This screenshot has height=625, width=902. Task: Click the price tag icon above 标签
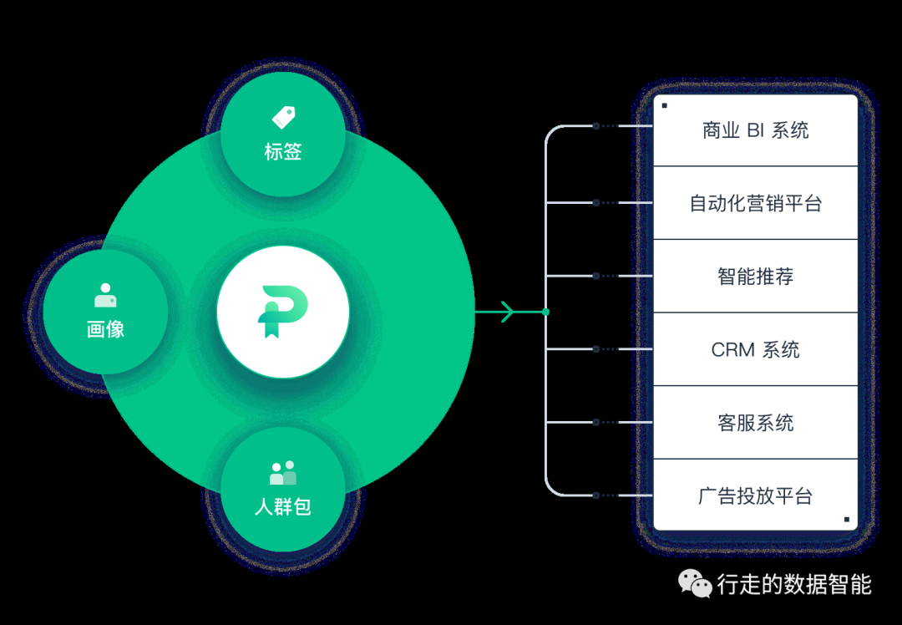pos(283,117)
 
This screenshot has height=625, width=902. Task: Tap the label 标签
pos(283,152)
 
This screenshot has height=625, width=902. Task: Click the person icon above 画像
pos(105,296)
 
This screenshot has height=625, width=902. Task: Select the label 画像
pos(105,329)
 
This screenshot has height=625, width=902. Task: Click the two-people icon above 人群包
pos(283,473)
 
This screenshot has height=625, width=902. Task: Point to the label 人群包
pos(283,506)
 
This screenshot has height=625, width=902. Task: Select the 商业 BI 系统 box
pos(755,130)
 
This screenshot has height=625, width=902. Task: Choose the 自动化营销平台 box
pos(755,203)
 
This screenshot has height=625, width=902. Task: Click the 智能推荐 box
pos(755,277)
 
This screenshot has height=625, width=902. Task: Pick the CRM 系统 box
pos(755,349)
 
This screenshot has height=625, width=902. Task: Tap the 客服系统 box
pos(755,423)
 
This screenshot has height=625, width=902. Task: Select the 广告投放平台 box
pos(755,495)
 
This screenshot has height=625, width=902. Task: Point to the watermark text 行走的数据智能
pos(793,584)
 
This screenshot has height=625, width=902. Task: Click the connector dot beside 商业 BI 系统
pos(595,126)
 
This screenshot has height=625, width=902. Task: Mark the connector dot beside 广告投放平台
pos(595,495)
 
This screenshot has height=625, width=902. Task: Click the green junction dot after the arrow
pos(545,312)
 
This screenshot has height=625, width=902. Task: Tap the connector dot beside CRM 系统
pos(595,349)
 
